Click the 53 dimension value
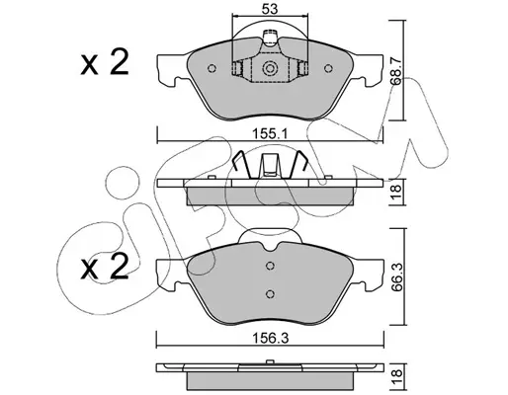(x=270, y=9)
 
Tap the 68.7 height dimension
(x=396, y=70)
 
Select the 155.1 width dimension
(x=270, y=134)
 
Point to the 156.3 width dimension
(x=270, y=338)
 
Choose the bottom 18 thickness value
(x=396, y=373)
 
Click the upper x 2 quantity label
(x=105, y=63)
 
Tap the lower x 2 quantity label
(x=105, y=268)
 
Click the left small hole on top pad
(x=212, y=68)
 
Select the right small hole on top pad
(x=328, y=68)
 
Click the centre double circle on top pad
(x=270, y=69)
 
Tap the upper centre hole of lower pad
(x=270, y=266)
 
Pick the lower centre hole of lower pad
(x=270, y=293)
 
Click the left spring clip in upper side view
(x=242, y=164)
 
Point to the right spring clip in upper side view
(x=297, y=164)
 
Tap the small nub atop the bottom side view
(x=270, y=361)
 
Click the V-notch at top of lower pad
(x=270, y=248)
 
